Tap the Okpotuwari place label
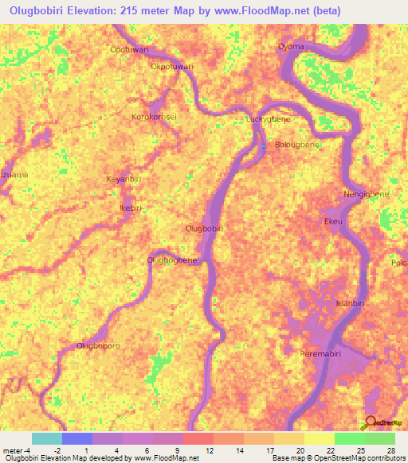pyautogui.click(x=172, y=67)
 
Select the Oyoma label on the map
pyautogui.click(x=291, y=47)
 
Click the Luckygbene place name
pyautogui.click(x=265, y=119)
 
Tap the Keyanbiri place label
pyautogui.click(x=124, y=180)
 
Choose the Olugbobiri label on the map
pyautogui.click(x=203, y=229)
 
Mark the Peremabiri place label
pyautogui.click(x=323, y=353)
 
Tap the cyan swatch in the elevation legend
pyautogui.click(x=46, y=438)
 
